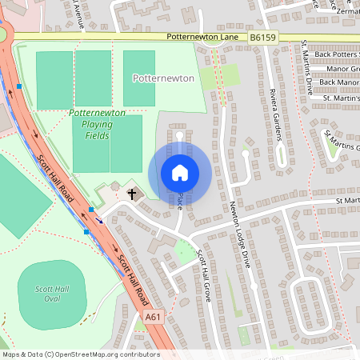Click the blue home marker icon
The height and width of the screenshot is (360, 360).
tap(179, 173)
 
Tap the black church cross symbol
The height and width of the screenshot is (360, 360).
tap(132, 193)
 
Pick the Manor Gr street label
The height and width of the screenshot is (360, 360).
tap(340, 68)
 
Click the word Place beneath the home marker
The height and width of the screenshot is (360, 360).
tap(181, 200)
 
